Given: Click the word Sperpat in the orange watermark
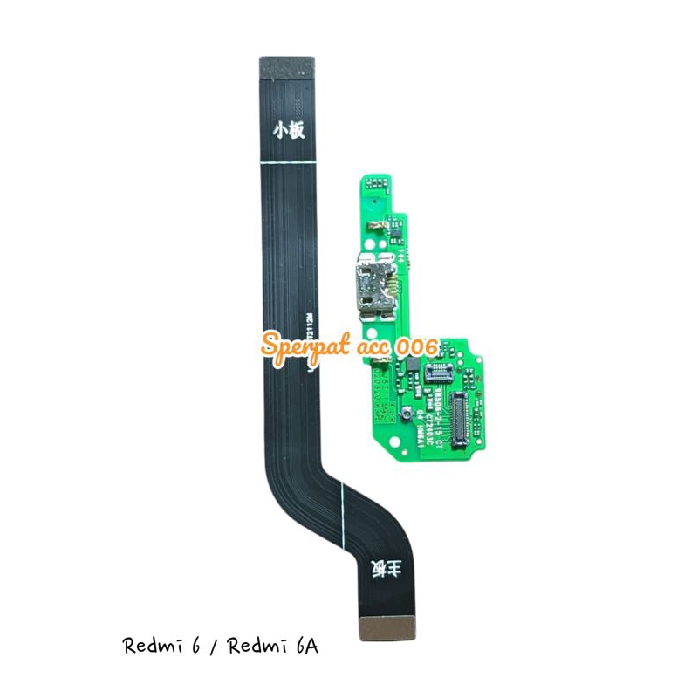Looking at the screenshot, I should click(x=305, y=347).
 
